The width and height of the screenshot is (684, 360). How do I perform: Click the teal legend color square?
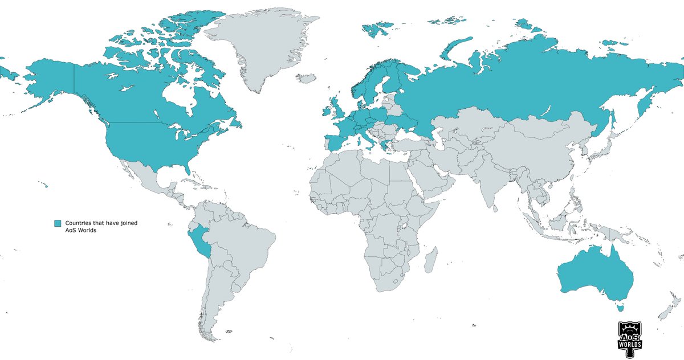[57, 223]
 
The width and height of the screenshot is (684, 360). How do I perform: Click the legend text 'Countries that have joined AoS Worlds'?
[101, 226]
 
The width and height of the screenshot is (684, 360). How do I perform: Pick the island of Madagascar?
[431, 260]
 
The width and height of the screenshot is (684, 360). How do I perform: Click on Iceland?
[307, 78]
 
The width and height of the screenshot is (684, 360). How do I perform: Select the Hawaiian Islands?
[42, 184]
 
